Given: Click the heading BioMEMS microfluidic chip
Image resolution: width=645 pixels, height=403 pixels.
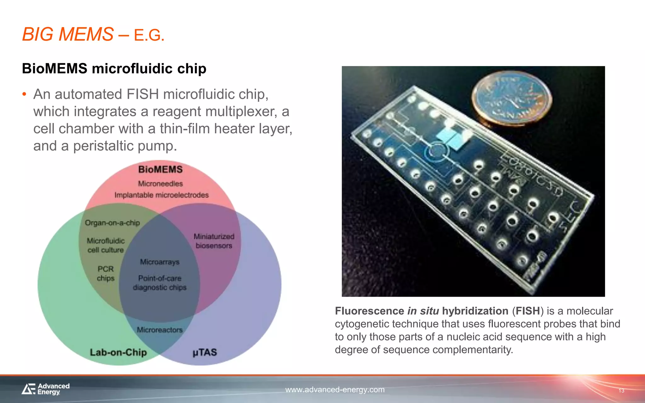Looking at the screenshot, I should click(x=114, y=69).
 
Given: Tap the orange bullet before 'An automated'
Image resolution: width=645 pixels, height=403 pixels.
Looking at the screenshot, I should click(x=24, y=94).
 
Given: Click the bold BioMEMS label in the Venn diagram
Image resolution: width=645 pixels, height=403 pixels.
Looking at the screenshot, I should click(x=160, y=169).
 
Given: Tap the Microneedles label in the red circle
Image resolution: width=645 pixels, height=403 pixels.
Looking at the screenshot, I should click(x=160, y=184).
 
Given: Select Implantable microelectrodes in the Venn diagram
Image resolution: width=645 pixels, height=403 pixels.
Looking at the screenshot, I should click(x=161, y=195).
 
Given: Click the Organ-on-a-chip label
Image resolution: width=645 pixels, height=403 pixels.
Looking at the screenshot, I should click(x=112, y=223).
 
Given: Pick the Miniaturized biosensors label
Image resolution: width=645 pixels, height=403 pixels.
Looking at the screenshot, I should click(x=214, y=241).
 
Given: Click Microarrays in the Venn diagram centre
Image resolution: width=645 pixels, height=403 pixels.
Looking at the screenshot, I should click(x=160, y=262).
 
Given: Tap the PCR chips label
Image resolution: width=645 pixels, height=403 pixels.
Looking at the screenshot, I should click(x=106, y=274).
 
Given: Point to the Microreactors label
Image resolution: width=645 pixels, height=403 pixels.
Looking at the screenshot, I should click(x=160, y=330).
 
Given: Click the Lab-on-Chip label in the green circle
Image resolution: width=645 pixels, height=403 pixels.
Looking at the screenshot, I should click(x=118, y=352).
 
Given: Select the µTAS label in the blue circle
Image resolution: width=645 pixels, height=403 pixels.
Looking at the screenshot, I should click(x=205, y=352).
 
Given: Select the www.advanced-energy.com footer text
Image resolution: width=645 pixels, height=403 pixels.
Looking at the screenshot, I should click(x=335, y=390).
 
